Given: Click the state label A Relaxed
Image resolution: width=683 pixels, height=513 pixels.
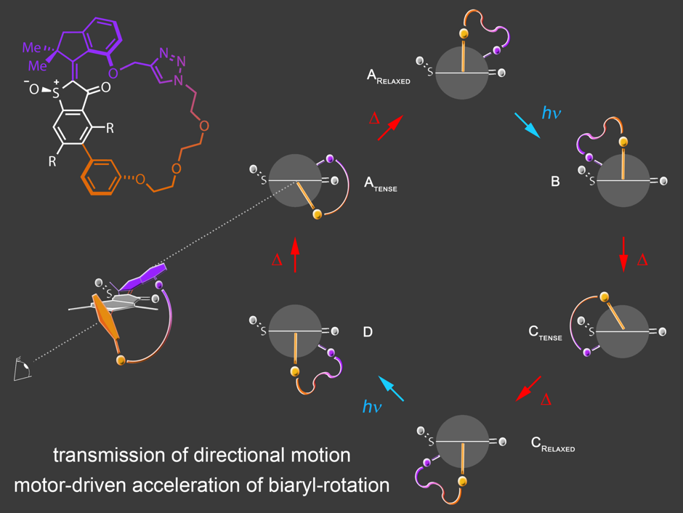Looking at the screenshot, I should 388,77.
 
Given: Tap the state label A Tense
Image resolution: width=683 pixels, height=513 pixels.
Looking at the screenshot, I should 380,186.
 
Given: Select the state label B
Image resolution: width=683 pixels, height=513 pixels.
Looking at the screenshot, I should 555,182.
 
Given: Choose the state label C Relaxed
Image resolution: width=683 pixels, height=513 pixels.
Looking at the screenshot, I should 552,444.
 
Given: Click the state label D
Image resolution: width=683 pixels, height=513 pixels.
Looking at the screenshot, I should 368,332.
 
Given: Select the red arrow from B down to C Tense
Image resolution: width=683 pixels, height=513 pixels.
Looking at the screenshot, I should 624,254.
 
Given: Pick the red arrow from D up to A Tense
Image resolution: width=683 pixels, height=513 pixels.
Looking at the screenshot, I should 295,255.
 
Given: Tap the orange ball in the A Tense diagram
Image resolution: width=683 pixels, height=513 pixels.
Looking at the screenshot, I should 317,214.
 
